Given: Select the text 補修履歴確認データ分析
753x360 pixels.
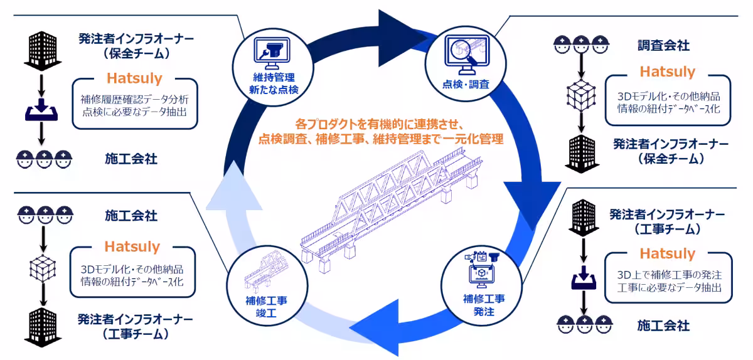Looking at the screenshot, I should coord(131,98).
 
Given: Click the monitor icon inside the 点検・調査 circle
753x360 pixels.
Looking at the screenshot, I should coord(466,53).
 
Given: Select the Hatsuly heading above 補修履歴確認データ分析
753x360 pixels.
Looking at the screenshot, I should coord(134,78).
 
